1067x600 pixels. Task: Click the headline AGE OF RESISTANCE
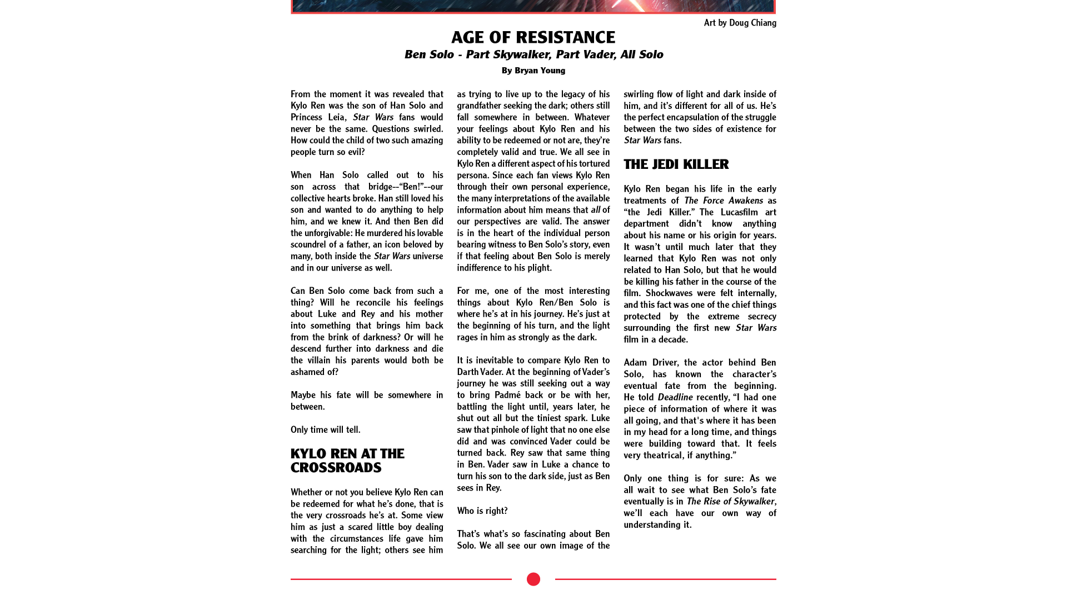tap(533, 37)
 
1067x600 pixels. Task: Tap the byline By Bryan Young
tap(533, 71)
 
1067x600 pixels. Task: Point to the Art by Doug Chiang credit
tap(740, 23)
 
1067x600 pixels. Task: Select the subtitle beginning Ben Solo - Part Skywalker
tap(533, 54)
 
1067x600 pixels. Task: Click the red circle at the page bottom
tap(533, 579)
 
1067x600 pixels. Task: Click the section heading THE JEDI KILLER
tap(676, 164)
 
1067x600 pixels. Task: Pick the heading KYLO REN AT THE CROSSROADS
tap(347, 461)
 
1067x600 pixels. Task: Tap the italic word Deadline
tap(675, 397)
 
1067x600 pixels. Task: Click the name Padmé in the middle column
tap(508, 395)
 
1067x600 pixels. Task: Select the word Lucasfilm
tap(739, 212)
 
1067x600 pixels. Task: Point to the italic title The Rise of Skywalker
tap(730, 501)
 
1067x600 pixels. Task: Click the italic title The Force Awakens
tap(723, 201)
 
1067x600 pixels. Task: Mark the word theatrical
tap(677, 456)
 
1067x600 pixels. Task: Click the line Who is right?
tap(482, 511)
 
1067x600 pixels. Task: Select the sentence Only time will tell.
tap(325, 430)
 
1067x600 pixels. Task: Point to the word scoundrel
tap(308, 244)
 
